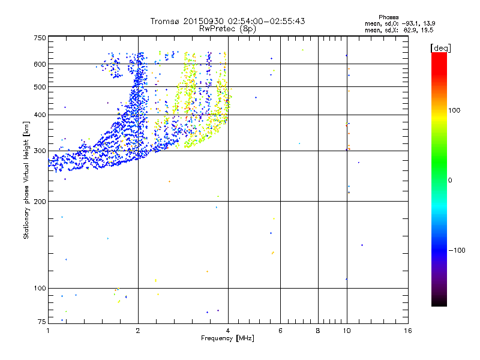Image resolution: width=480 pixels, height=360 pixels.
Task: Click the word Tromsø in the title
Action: [x=165, y=21]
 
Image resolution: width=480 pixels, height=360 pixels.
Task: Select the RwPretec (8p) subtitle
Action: [x=227, y=28]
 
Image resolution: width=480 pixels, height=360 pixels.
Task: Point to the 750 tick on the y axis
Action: [x=40, y=38]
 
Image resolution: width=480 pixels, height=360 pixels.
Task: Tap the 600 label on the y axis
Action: [x=40, y=64]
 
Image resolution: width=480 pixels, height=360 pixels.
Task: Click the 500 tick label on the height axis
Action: [x=40, y=87]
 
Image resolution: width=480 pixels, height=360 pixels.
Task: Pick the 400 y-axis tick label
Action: [x=40, y=115]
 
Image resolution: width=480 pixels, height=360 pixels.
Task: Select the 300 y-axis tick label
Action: [x=40, y=151]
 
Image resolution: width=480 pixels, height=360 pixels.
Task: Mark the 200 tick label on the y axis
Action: [x=40, y=202]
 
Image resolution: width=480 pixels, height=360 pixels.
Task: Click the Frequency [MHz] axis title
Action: [x=227, y=340]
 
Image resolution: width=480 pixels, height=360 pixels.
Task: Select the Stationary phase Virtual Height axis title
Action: [x=26, y=180]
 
